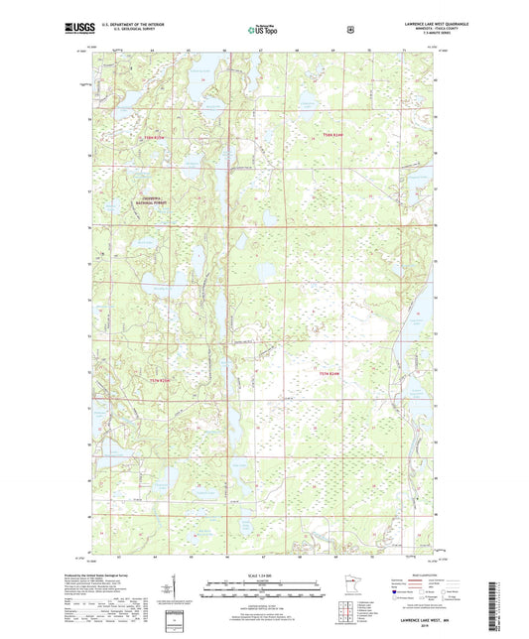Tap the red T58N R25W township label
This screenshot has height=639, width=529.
pyautogui.click(x=158, y=136)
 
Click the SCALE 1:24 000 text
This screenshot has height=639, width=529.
pyautogui.click(x=263, y=575)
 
